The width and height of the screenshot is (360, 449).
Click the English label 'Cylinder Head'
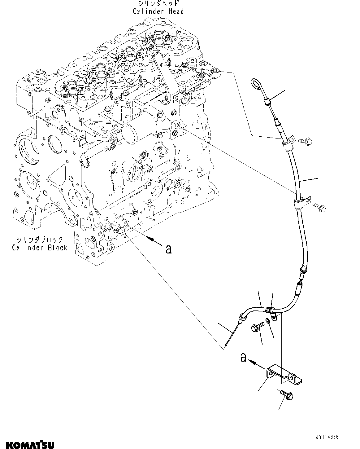(158, 11)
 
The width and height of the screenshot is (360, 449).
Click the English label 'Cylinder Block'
(40, 248)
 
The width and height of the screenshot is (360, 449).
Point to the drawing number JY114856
(327, 437)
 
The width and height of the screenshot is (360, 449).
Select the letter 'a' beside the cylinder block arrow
(168, 249)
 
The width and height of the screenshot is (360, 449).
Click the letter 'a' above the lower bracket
(243, 358)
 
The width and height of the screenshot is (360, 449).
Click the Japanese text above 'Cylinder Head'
(158, 4)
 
